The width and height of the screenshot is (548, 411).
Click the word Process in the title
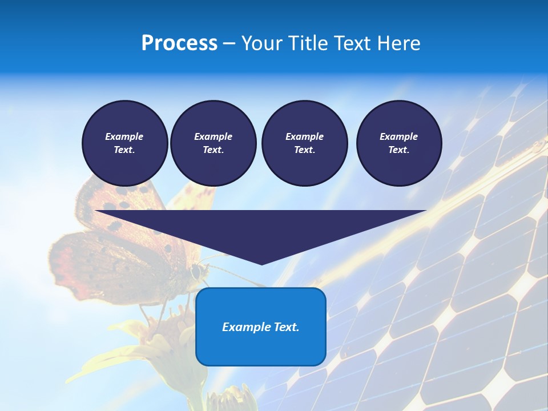[179, 43]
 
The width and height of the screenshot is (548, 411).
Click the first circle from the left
[124, 143]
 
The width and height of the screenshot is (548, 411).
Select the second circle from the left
[213, 143]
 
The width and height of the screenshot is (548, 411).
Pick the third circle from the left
[304, 143]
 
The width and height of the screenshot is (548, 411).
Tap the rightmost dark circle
[398, 143]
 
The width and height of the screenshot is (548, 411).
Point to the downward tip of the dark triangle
[261, 263]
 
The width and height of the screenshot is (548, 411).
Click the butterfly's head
[197, 271]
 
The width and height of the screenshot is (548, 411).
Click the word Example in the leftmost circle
[124, 136]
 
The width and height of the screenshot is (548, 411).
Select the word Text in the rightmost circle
[398, 150]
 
